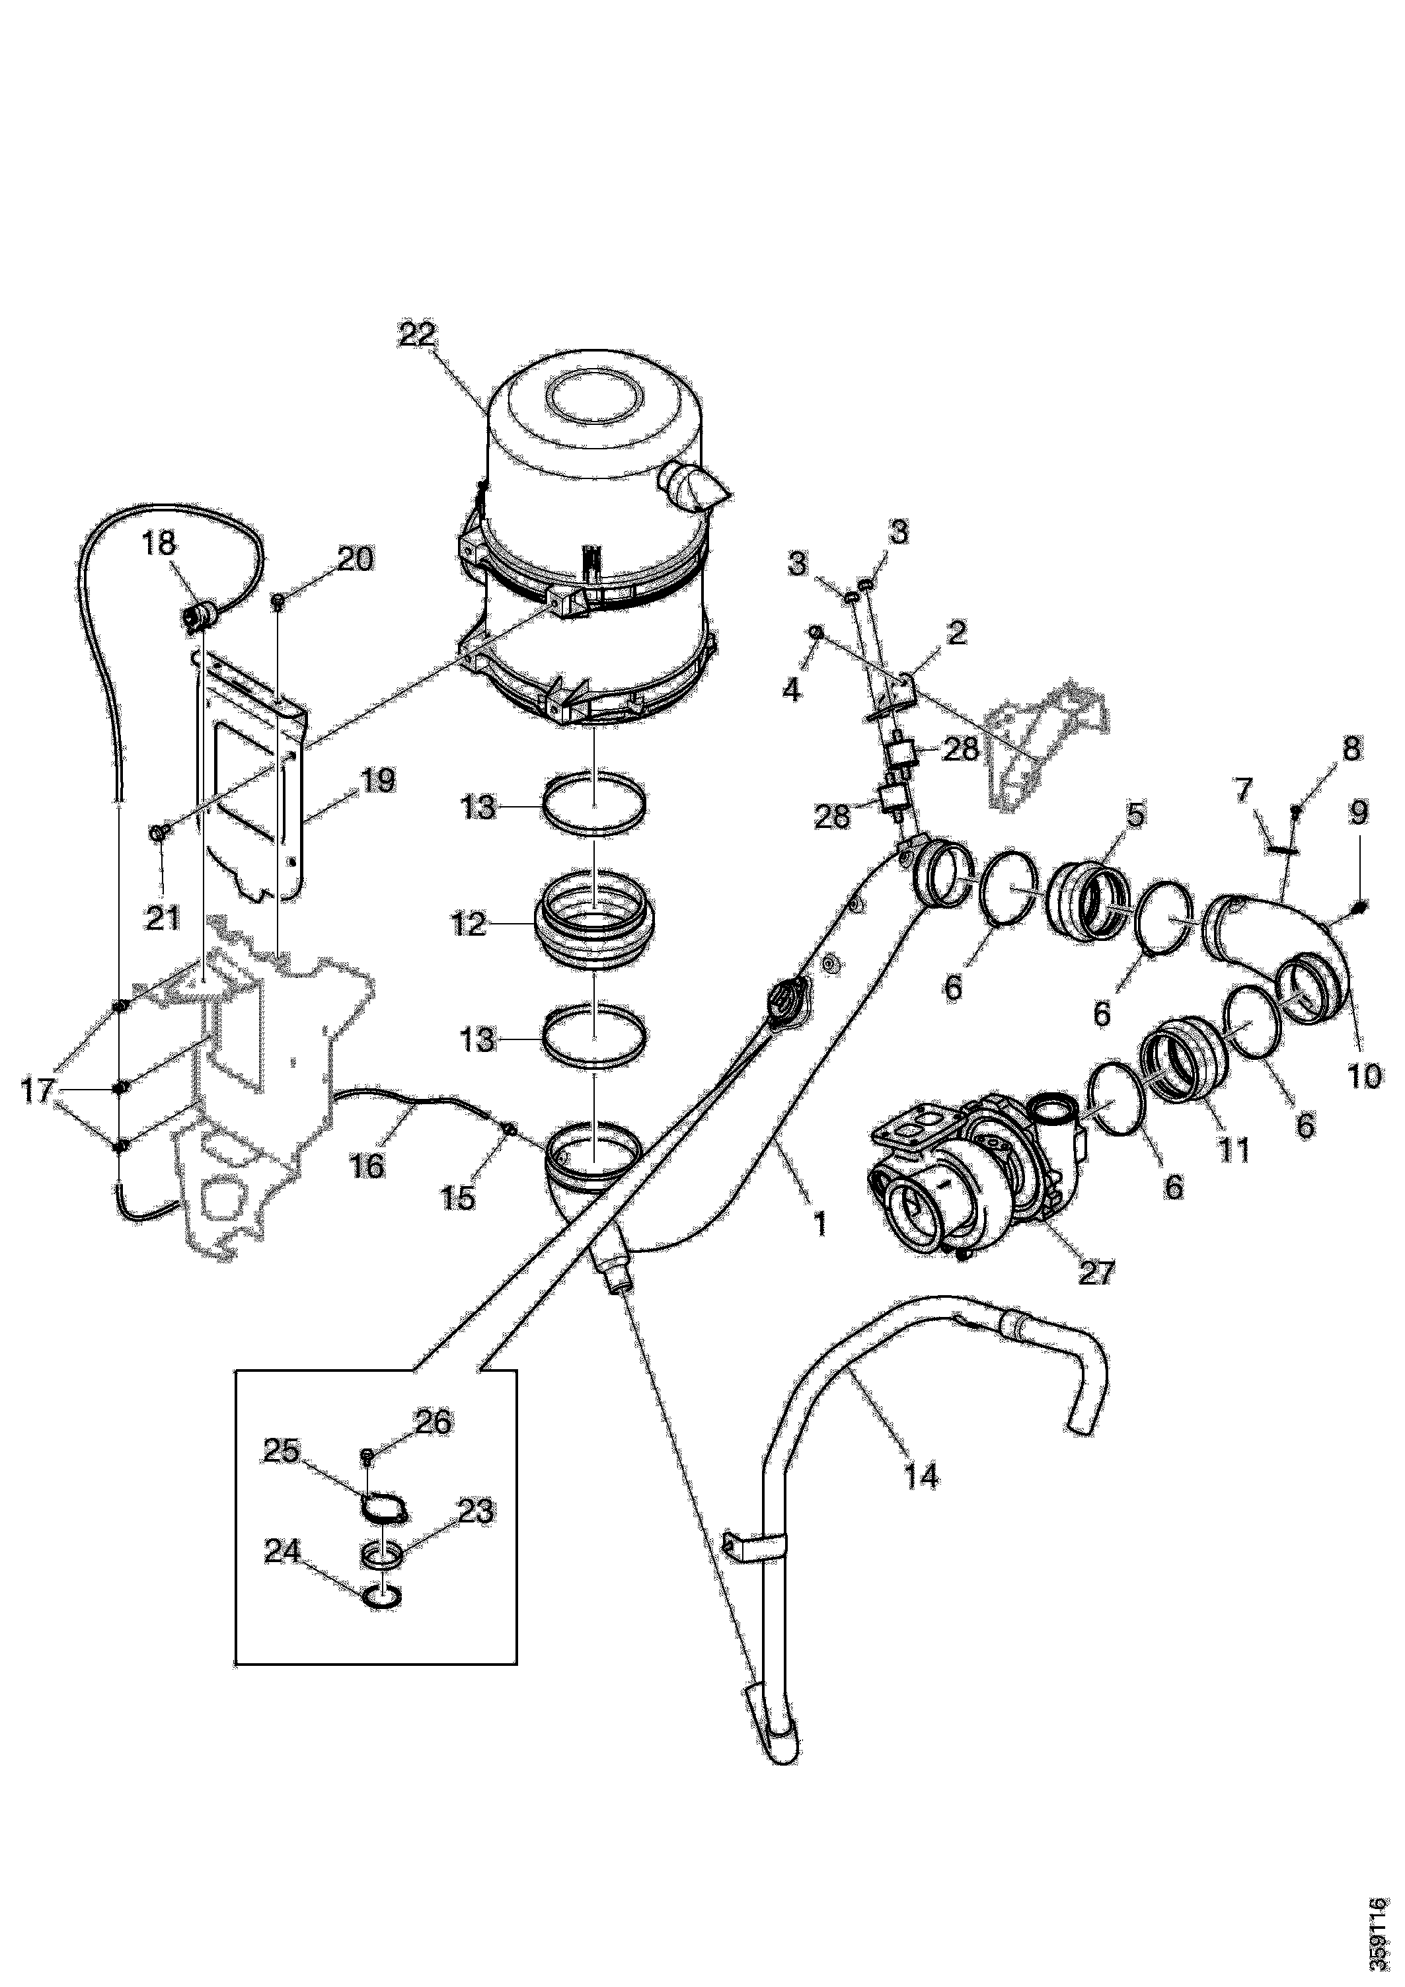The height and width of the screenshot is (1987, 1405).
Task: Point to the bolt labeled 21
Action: (x=160, y=832)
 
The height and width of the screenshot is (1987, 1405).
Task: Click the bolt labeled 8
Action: (x=1296, y=810)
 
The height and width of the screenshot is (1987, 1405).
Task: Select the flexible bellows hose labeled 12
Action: (x=595, y=925)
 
